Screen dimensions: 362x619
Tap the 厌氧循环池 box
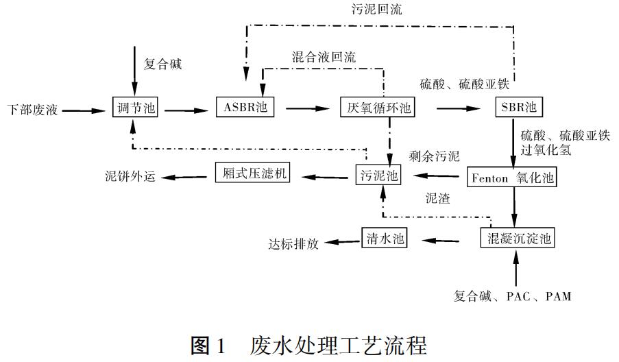coord(378,108)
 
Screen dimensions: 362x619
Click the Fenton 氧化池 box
coord(511,178)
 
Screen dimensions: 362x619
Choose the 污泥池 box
coord(378,176)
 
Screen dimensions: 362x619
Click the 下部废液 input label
coord(33,109)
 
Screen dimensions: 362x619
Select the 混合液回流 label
coord(324,58)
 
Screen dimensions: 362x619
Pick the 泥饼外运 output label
coord(131,176)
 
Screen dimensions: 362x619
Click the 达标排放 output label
coord(294,243)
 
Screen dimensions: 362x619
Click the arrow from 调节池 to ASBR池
coord(184,108)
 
